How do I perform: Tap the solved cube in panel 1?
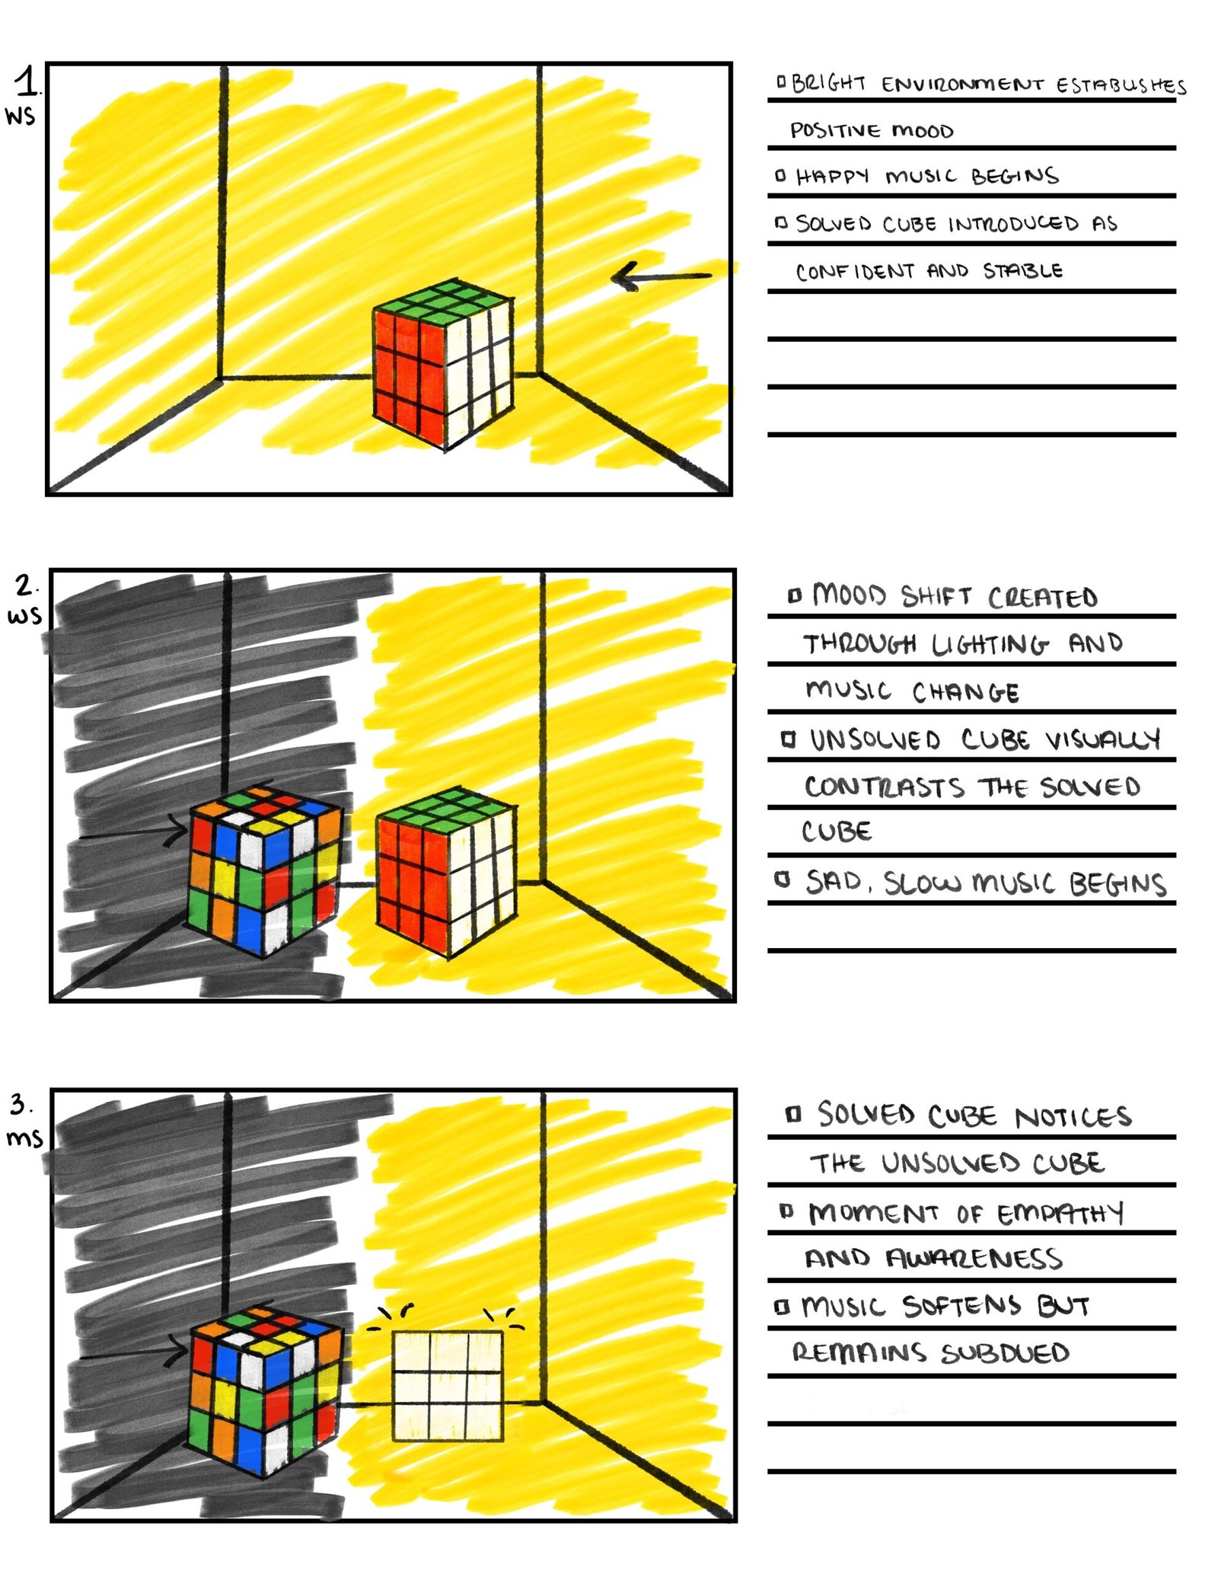pos(442,364)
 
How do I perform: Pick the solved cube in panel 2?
pos(447,872)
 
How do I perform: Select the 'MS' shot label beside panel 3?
pos(24,1138)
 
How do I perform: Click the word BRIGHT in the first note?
pos(828,83)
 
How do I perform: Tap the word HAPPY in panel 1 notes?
pos(832,177)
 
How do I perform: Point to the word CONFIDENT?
pos(855,272)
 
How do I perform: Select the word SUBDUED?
pos(1005,1354)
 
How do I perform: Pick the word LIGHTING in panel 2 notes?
pos(990,644)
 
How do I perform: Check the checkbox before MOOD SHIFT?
pos(795,595)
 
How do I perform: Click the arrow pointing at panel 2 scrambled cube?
pos(133,832)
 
